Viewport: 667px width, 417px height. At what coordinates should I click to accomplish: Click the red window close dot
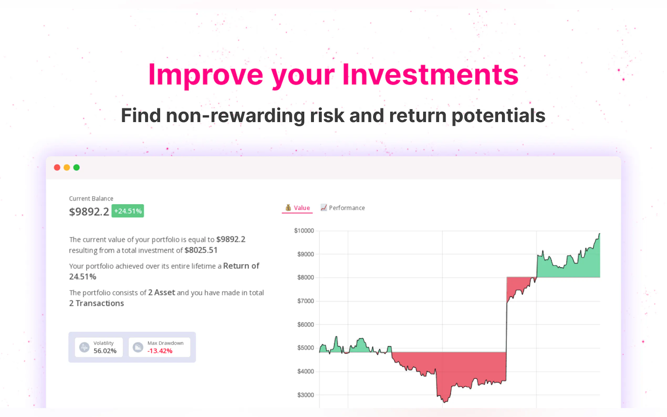(x=57, y=168)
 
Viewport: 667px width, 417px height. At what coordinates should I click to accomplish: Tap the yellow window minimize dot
(x=67, y=168)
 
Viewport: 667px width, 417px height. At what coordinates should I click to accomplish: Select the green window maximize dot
(x=76, y=168)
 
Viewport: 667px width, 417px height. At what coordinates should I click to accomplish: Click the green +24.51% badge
(x=128, y=211)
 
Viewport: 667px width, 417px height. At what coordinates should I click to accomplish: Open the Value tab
(x=298, y=208)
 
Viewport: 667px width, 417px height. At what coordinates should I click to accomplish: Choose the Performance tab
(x=343, y=208)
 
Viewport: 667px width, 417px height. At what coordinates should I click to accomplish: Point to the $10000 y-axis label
(x=304, y=231)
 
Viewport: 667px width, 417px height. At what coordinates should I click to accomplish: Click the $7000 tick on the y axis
(x=305, y=301)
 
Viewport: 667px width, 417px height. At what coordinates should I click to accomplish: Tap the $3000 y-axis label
(x=305, y=395)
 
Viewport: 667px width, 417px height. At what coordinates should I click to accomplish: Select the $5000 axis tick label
(x=305, y=348)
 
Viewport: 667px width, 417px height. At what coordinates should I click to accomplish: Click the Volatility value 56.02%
(x=105, y=351)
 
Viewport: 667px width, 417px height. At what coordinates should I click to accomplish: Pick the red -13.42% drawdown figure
(x=160, y=351)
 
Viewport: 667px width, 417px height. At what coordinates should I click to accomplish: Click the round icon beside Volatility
(x=84, y=347)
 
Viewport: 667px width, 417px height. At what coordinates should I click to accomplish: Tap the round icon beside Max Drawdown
(x=138, y=347)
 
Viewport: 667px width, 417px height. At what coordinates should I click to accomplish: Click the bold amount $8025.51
(x=201, y=250)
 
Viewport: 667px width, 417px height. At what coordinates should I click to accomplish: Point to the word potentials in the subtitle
(x=498, y=116)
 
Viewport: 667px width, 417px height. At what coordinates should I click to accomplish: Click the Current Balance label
(x=91, y=199)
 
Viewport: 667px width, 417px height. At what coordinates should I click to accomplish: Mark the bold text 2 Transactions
(x=97, y=303)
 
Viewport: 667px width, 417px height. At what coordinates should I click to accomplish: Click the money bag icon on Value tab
(x=288, y=208)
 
